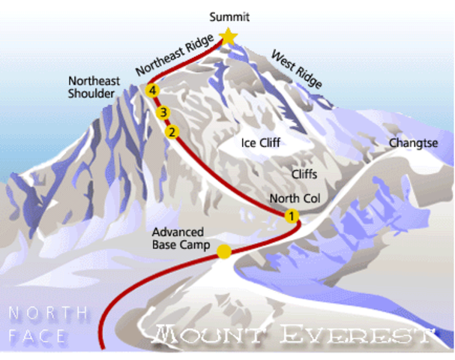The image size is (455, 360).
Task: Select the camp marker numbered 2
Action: tap(172, 132)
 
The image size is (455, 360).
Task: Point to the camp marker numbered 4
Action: tap(154, 91)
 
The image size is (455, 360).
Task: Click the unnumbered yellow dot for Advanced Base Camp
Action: tap(223, 251)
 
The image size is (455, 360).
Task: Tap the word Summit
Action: tap(229, 15)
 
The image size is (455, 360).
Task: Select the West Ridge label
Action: tap(296, 69)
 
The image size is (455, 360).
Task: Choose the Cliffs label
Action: tap(307, 174)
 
